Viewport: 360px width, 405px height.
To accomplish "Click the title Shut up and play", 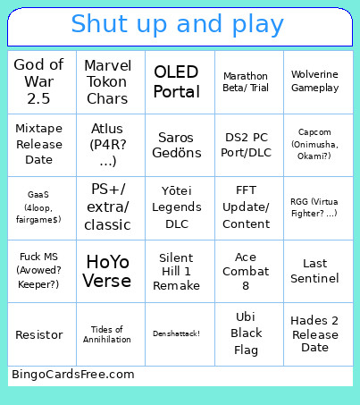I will (x=179, y=24).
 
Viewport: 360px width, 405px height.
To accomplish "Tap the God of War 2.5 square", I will (x=39, y=82).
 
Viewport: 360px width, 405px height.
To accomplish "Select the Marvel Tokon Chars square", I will (x=108, y=82).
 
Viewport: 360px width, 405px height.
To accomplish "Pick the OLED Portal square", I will (x=177, y=82).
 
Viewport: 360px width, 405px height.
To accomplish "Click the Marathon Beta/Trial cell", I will (x=246, y=82).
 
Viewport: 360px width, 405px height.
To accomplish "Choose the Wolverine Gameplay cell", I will (x=314, y=82).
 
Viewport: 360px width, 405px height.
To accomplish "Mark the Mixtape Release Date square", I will (x=39, y=145).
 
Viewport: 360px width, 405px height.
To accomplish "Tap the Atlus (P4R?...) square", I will (x=108, y=145).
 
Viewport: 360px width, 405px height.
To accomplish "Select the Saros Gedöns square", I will (x=177, y=145).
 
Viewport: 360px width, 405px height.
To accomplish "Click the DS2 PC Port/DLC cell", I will (x=246, y=145).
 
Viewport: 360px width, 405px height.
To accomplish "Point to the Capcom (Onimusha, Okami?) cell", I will (x=314, y=145).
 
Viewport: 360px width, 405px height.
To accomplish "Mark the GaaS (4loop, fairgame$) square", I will (x=39, y=207).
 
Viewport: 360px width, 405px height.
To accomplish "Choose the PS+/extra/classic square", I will (x=108, y=207).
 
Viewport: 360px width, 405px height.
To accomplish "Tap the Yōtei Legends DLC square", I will (x=177, y=207).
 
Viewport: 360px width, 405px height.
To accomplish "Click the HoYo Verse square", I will (x=108, y=271).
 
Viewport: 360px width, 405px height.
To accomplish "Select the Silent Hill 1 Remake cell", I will (x=177, y=271).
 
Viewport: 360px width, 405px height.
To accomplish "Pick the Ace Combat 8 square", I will (x=246, y=271).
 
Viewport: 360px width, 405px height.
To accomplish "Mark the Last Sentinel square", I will (x=314, y=271).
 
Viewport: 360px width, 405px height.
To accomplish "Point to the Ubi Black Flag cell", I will (x=246, y=333).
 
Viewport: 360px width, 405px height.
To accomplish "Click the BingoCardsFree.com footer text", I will (x=73, y=375).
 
